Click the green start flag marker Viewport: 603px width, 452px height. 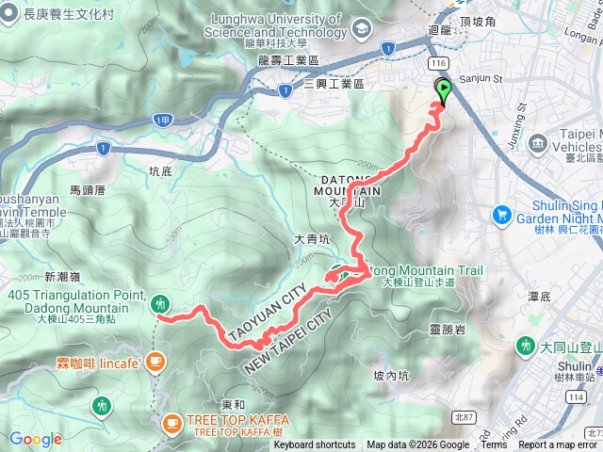[x=443, y=90]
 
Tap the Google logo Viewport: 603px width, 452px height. [x=35, y=439]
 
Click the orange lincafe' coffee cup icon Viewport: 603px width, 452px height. [x=155, y=360]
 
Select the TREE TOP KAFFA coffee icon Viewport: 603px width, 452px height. [x=172, y=424]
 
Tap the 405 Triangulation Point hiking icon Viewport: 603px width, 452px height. [x=160, y=303]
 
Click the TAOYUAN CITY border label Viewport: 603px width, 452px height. [x=267, y=303]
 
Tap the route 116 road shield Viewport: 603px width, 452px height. [x=436, y=61]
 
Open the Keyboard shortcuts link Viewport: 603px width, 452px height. [x=315, y=445]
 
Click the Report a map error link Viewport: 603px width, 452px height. [x=558, y=445]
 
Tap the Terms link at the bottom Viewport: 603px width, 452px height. [x=494, y=445]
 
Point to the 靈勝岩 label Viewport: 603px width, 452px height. [x=447, y=329]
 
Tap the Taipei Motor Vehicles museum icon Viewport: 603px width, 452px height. [x=538, y=142]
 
